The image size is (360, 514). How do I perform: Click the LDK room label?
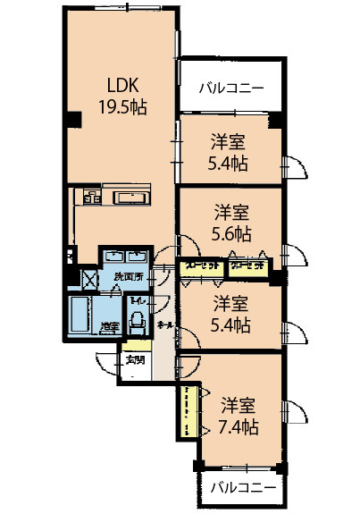(x=121, y=86)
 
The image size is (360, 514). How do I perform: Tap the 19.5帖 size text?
(x=122, y=106)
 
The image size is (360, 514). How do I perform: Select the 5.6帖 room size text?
(x=231, y=233)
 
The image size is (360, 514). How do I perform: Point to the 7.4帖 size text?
(x=239, y=426)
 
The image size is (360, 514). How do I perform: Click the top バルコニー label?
(x=230, y=88)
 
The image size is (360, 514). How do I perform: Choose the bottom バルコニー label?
(x=243, y=489)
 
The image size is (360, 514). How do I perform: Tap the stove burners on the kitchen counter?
(x=91, y=198)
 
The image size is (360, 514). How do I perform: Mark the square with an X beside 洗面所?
(x=89, y=279)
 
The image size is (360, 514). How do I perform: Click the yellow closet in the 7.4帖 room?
(x=189, y=409)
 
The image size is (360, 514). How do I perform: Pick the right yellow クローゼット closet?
(x=246, y=265)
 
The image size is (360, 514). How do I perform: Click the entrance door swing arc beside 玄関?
(x=103, y=359)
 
